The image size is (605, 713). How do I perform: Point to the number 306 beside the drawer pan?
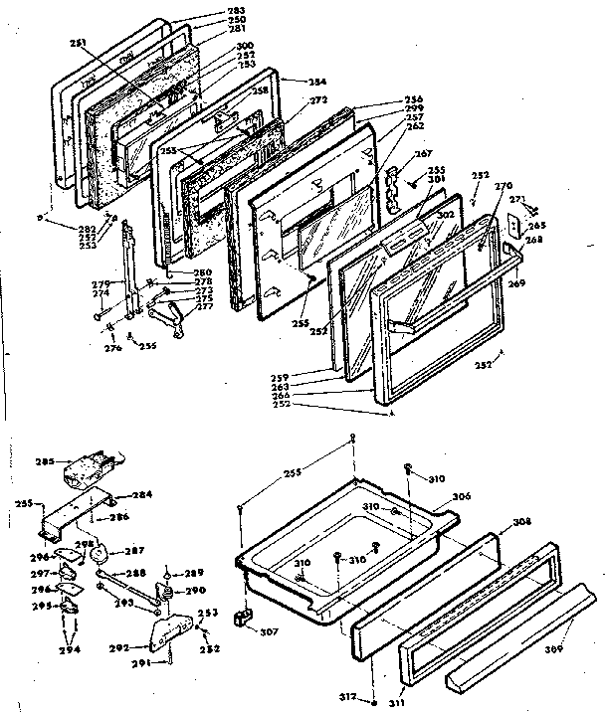tap(460, 497)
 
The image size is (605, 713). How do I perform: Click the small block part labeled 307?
tap(241, 619)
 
